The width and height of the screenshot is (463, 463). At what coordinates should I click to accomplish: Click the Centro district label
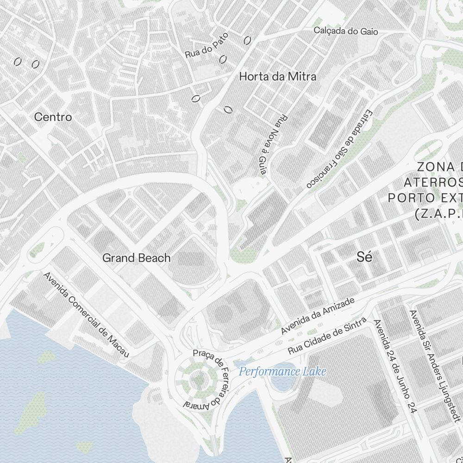tap(53, 117)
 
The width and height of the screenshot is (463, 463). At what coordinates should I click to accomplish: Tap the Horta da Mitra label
tap(278, 77)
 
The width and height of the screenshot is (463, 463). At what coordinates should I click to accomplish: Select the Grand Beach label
tap(137, 258)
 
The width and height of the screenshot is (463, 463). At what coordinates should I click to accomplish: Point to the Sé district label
tap(364, 258)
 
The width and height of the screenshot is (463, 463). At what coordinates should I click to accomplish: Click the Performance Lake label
tap(282, 371)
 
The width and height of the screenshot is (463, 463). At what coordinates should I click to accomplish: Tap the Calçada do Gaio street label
tap(346, 31)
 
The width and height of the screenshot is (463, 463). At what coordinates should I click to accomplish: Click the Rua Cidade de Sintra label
tap(327, 336)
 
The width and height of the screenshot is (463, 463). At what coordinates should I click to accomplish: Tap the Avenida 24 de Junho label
tap(395, 366)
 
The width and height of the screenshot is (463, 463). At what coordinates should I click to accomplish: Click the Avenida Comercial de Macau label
tap(86, 314)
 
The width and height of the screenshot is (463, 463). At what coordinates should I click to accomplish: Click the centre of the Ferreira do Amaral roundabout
tap(198, 381)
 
